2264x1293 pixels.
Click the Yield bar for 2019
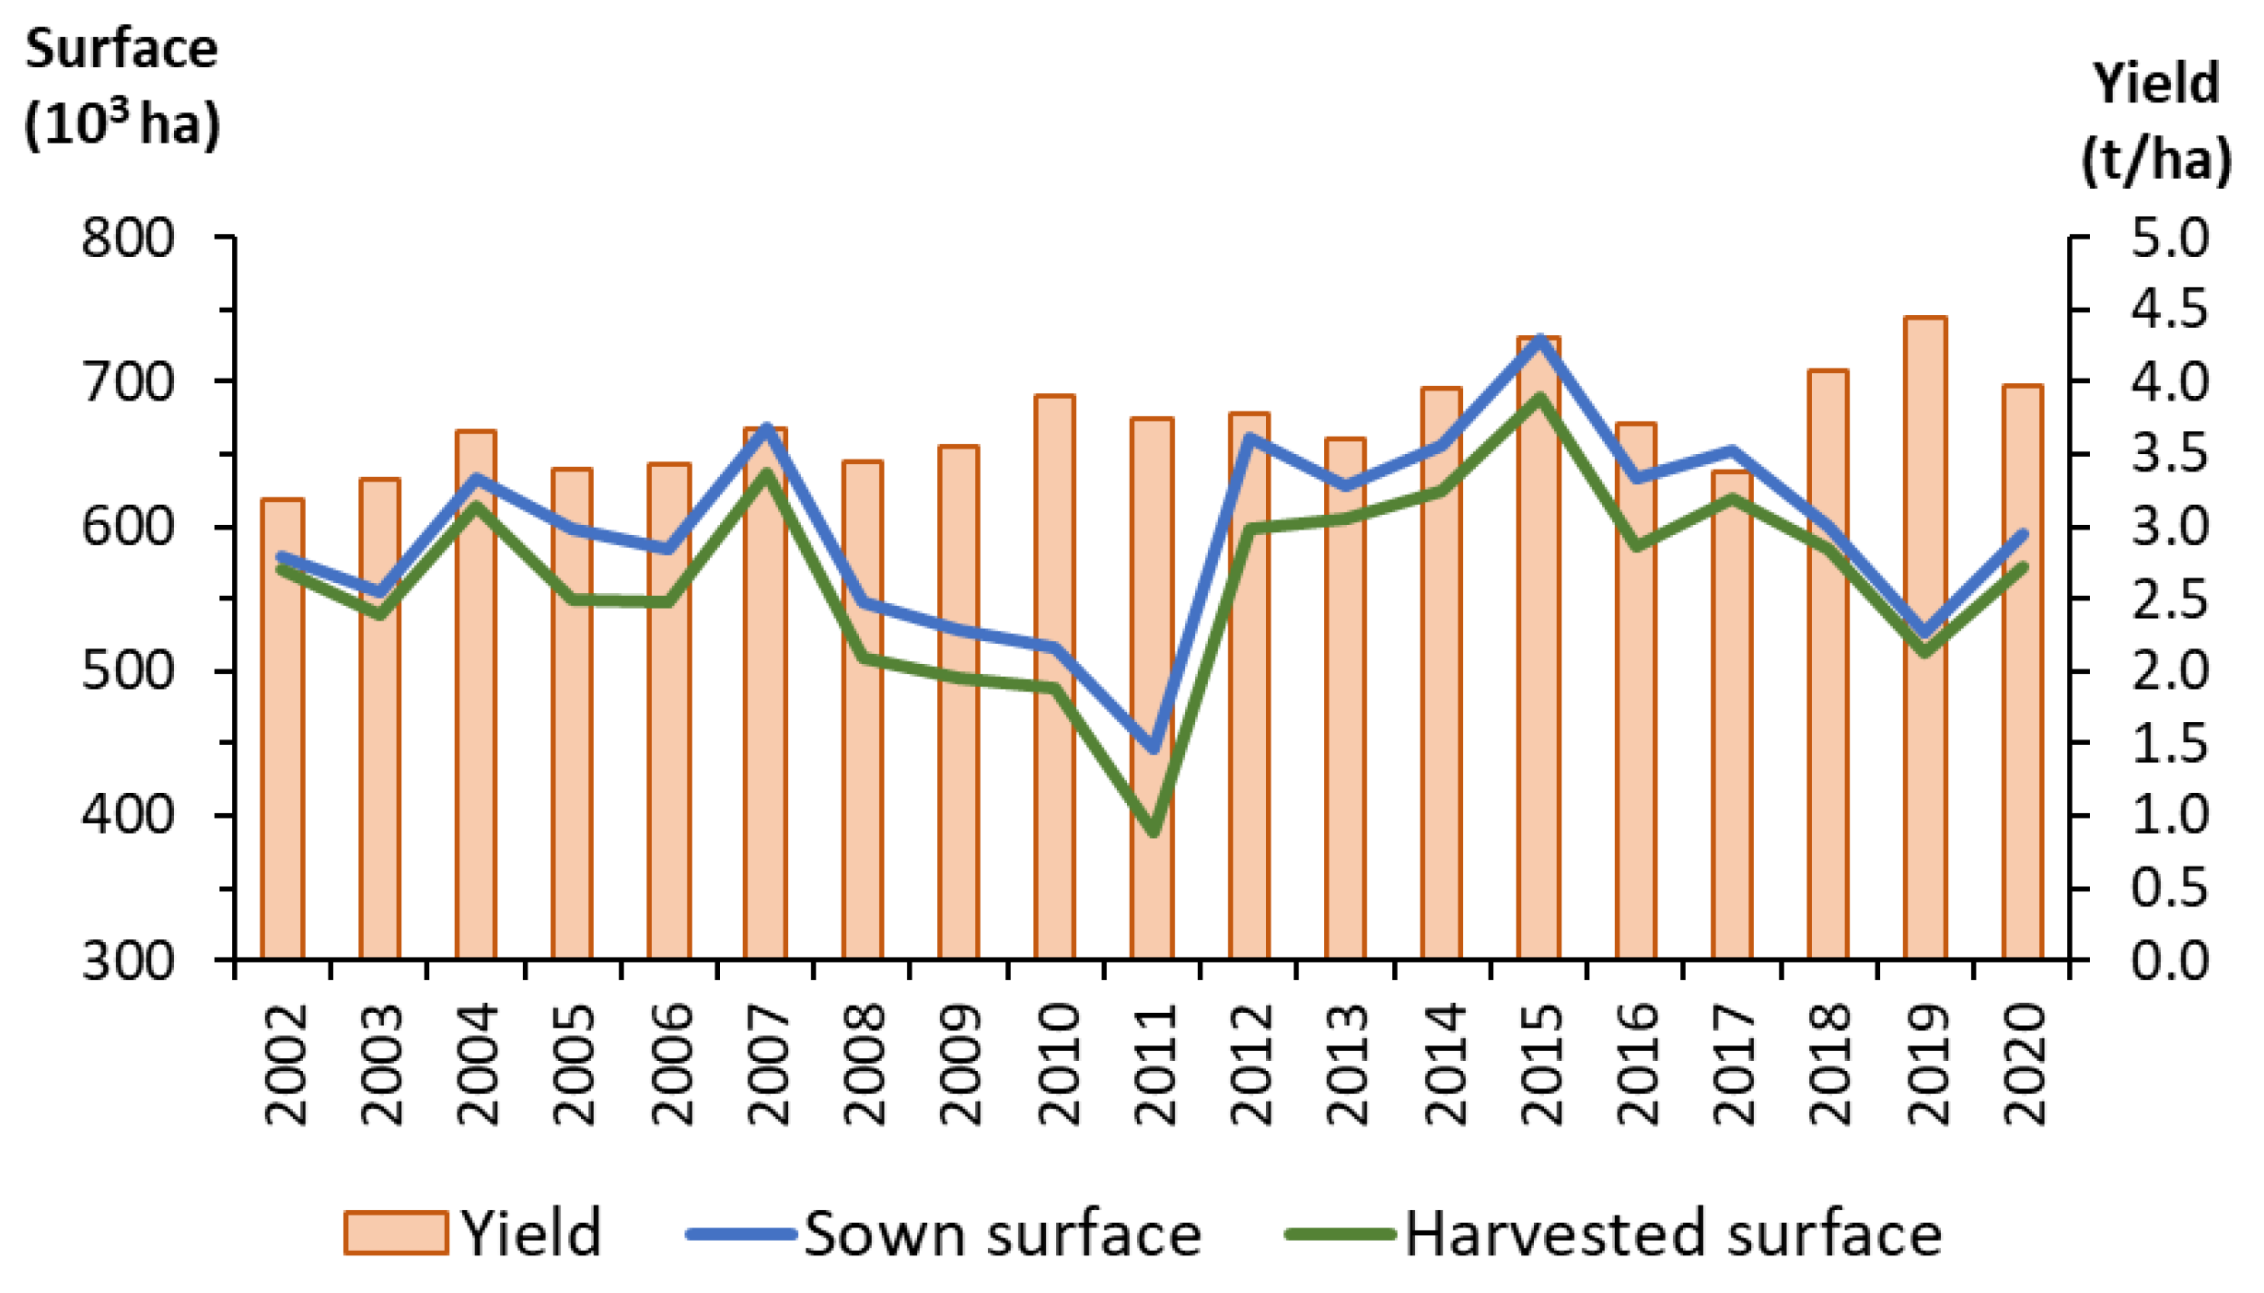click(x=1925, y=783)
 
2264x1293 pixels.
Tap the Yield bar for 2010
click(x=1055, y=810)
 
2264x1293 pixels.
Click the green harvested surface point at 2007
click(x=766, y=474)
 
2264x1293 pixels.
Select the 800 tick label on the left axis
click(x=128, y=239)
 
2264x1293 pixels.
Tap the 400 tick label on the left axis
click(x=128, y=815)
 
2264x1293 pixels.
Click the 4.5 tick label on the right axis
click(x=2169, y=309)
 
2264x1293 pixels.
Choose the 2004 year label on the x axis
click(x=477, y=1065)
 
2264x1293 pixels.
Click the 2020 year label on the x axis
click(x=2024, y=1065)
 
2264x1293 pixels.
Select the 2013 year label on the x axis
click(x=1347, y=1065)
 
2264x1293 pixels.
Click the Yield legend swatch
click(x=396, y=1232)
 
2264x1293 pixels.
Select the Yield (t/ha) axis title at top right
click(x=2155, y=121)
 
